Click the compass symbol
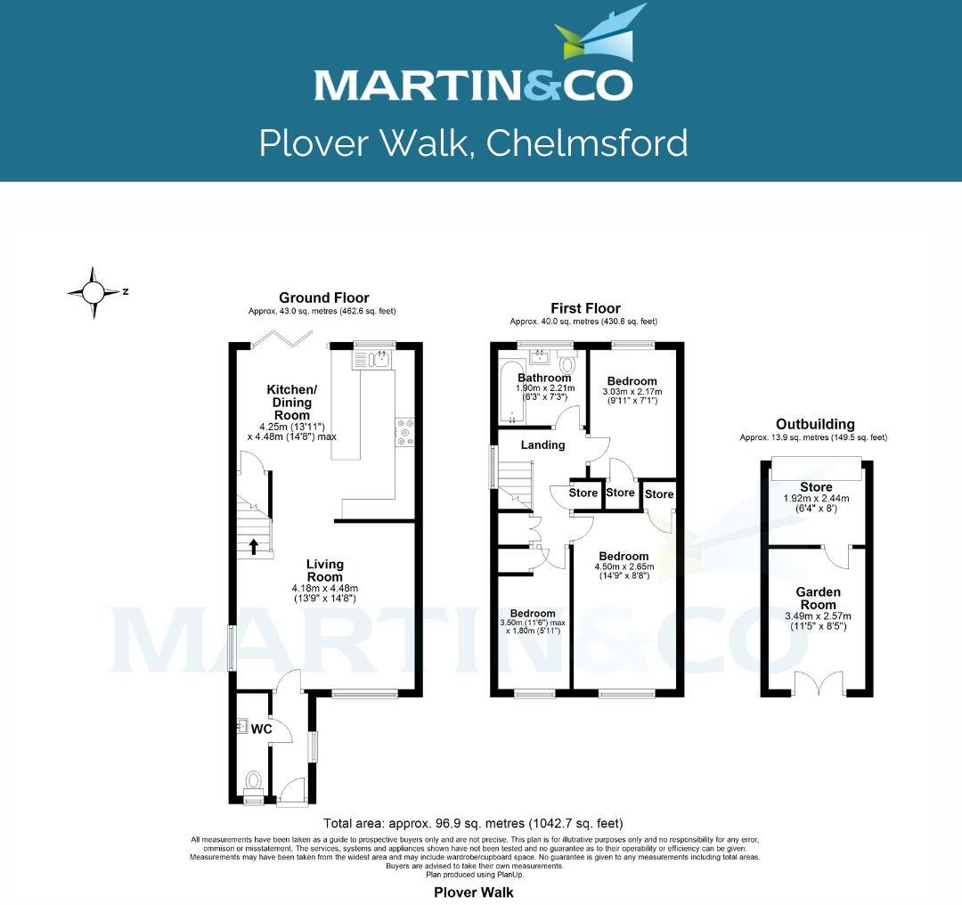[x=93, y=291]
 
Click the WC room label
[x=261, y=729]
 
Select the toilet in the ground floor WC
[x=253, y=785]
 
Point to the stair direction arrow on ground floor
[x=254, y=546]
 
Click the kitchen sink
[x=379, y=360]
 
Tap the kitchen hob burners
[x=405, y=431]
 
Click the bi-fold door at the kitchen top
[x=281, y=336]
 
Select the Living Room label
[x=324, y=564]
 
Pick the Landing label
[x=543, y=444]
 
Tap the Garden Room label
[x=819, y=591]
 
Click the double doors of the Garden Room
[x=817, y=683]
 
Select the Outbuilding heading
[x=815, y=424]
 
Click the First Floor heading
[x=584, y=308]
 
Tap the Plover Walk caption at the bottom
[x=473, y=892]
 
